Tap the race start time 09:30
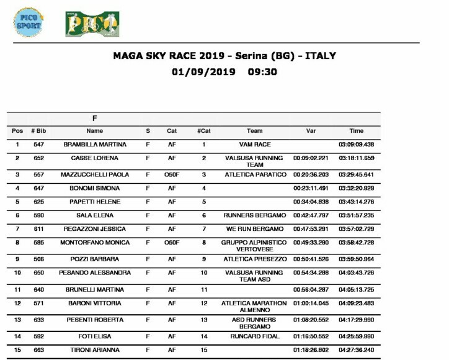coord(262,71)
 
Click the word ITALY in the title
coord(319,55)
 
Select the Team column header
coord(254,131)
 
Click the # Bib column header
coord(38,131)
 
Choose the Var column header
coord(311,131)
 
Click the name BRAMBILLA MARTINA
coord(95,145)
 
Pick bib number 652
coord(38,158)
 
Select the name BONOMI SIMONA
coord(95,188)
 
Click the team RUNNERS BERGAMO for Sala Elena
coord(254,215)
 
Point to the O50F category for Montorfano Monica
coord(172,243)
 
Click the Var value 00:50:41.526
coord(311,259)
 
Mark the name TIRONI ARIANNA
coord(95,350)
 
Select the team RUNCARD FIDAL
coord(254,336)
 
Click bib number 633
coord(38,320)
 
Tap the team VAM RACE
coord(254,145)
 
